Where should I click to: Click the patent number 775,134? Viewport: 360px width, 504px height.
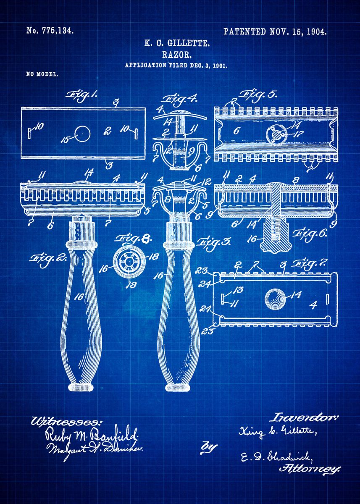coord(50,31)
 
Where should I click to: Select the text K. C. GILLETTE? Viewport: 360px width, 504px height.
coord(177,43)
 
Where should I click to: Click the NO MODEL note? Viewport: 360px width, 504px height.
coord(42,74)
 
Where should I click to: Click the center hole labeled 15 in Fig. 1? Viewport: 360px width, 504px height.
coord(82,133)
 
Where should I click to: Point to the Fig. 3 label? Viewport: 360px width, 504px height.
coord(213,243)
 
